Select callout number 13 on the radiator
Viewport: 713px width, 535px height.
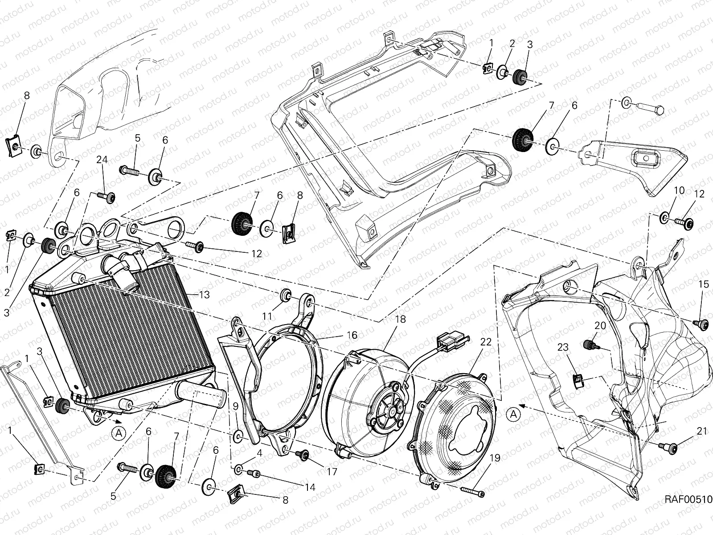click(x=204, y=294)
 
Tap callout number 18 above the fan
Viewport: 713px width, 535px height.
click(x=400, y=319)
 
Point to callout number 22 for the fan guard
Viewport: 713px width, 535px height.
click(x=485, y=342)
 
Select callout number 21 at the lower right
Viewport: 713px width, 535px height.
click(x=702, y=431)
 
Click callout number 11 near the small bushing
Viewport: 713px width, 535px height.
click(x=267, y=316)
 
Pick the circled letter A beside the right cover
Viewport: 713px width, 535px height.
click(x=513, y=414)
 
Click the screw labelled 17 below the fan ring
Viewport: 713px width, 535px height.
click(x=304, y=454)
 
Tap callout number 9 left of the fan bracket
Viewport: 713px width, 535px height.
click(x=235, y=406)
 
